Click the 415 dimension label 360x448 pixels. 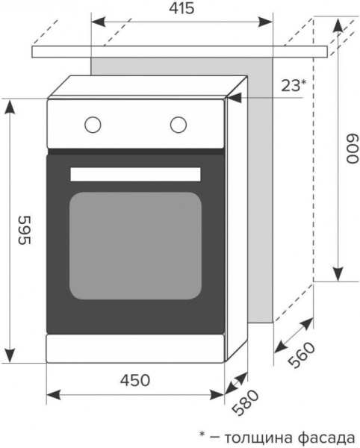[181, 10]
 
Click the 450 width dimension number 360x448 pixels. [134, 380]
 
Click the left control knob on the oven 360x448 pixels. [93, 124]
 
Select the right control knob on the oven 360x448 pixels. [179, 124]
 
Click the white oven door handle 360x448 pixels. [136, 175]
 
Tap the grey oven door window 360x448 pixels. [136, 245]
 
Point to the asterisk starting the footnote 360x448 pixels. [202, 435]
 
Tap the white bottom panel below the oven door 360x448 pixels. [136, 348]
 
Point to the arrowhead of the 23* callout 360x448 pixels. [240, 96]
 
